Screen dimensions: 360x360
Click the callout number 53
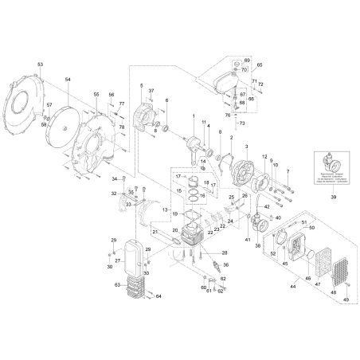point(40,62)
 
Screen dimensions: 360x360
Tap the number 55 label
point(97,94)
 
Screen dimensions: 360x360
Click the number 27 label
point(116,260)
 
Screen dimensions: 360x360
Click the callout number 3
point(247,148)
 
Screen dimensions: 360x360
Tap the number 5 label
point(140,85)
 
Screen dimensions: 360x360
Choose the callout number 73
point(243,124)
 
